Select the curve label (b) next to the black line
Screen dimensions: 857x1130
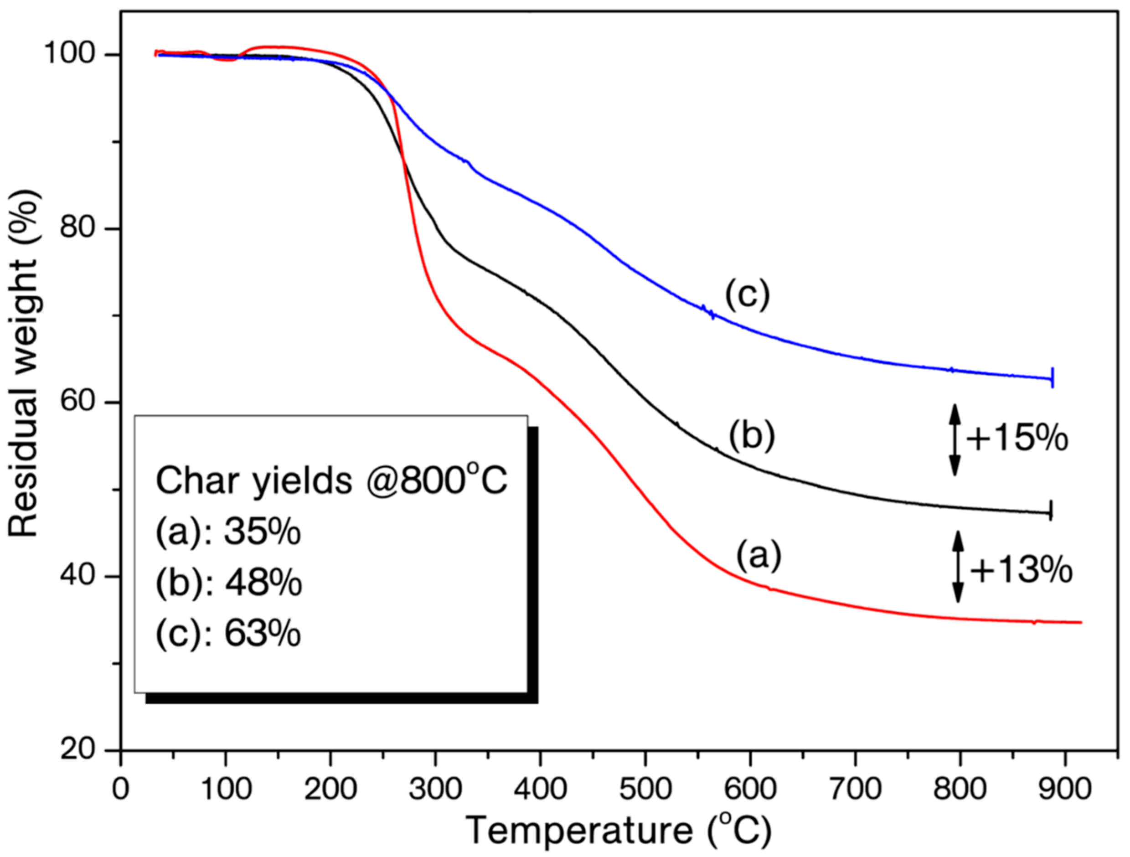click(x=752, y=436)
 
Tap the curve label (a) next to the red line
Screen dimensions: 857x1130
click(x=758, y=555)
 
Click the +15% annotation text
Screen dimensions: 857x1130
click(x=1016, y=439)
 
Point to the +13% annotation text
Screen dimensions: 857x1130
click(x=1021, y=570)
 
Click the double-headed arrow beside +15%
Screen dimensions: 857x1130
click(x=954, y=440)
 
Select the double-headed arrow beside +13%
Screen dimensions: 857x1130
click(x=958, y=567)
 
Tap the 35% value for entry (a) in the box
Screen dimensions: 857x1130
click(x=262, y=533)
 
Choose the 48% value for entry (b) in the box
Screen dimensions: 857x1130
click(x=263, y=583)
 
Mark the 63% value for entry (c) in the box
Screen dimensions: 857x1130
click(x=262, y=634)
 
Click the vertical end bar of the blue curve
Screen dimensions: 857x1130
click(x=1053, y=378)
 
